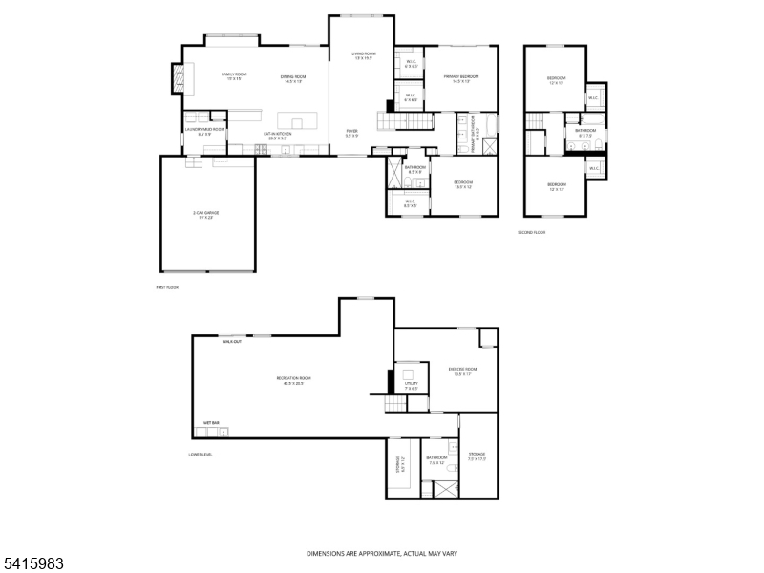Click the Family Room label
pos(234,76)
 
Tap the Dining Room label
pos(292,78)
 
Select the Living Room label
pos(363,56)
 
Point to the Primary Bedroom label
pos(460,78)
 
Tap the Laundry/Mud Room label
pos(204,131)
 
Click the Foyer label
pos(352,134)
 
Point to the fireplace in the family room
pos(179,77)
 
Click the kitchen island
pos(296,122)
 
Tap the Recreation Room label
pos(294,380)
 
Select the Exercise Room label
pos(461,371)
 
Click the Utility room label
pos(411,385)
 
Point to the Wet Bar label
pos(211,422)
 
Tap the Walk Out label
pos(231,341)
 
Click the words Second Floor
pos(531,232)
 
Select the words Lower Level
pos(201,454)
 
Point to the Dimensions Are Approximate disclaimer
pos(381,553)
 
